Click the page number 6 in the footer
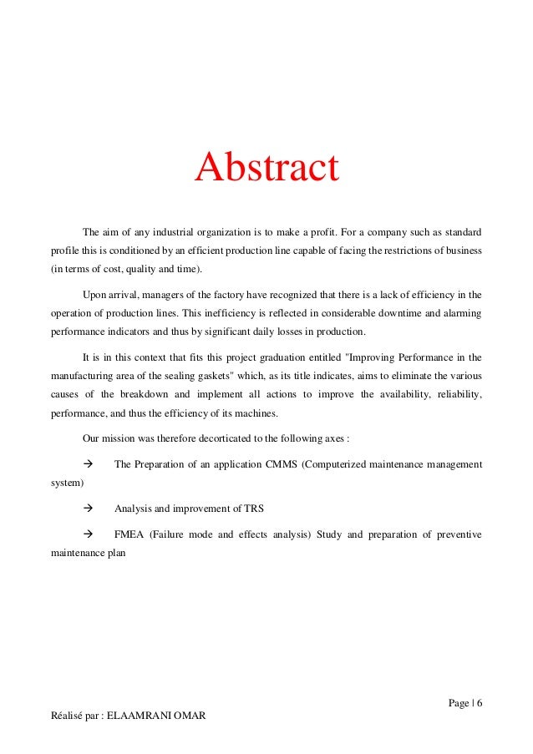480,701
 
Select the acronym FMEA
129,534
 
